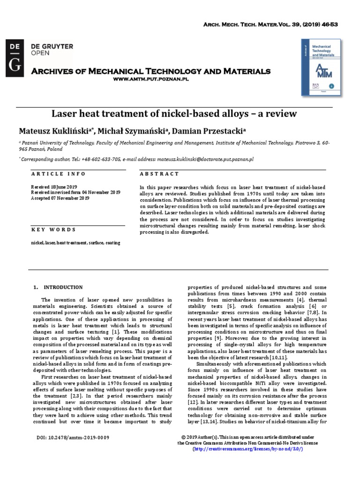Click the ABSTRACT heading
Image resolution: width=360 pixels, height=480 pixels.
[x=159, y=174]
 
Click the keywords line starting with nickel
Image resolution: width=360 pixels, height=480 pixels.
[x=75, y=243]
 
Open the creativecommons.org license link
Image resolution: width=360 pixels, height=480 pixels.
[x=248, y=449]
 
